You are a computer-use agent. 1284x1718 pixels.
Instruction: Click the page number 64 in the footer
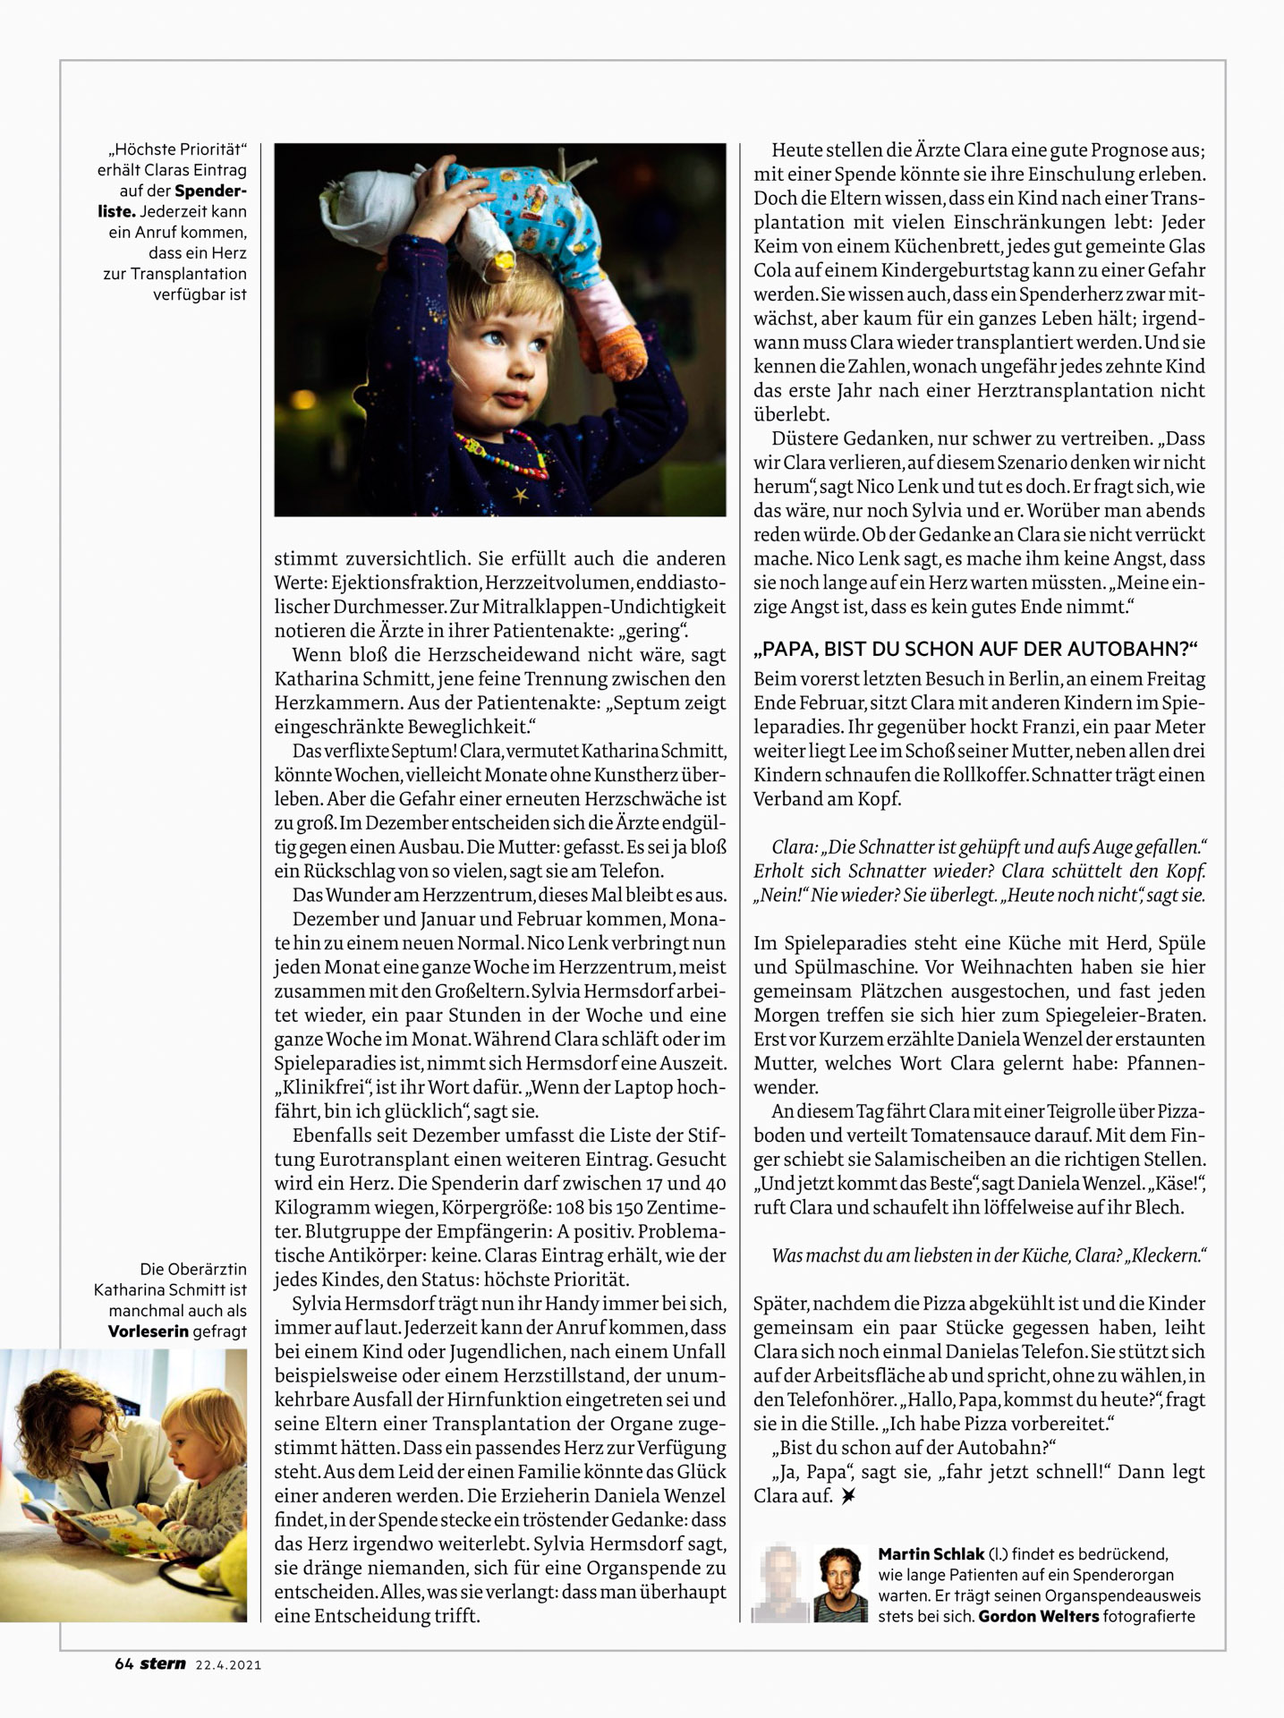(124, 1664)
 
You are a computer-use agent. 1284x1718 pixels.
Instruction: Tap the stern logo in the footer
(163, 1664)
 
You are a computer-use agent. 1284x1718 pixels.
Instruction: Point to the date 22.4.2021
(228, 1665)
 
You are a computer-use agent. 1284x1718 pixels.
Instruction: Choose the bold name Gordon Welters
(1039, 1616)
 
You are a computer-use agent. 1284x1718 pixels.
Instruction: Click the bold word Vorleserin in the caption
(149, 1331)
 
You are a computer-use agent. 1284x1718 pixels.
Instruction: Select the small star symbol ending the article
(847, 1496)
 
